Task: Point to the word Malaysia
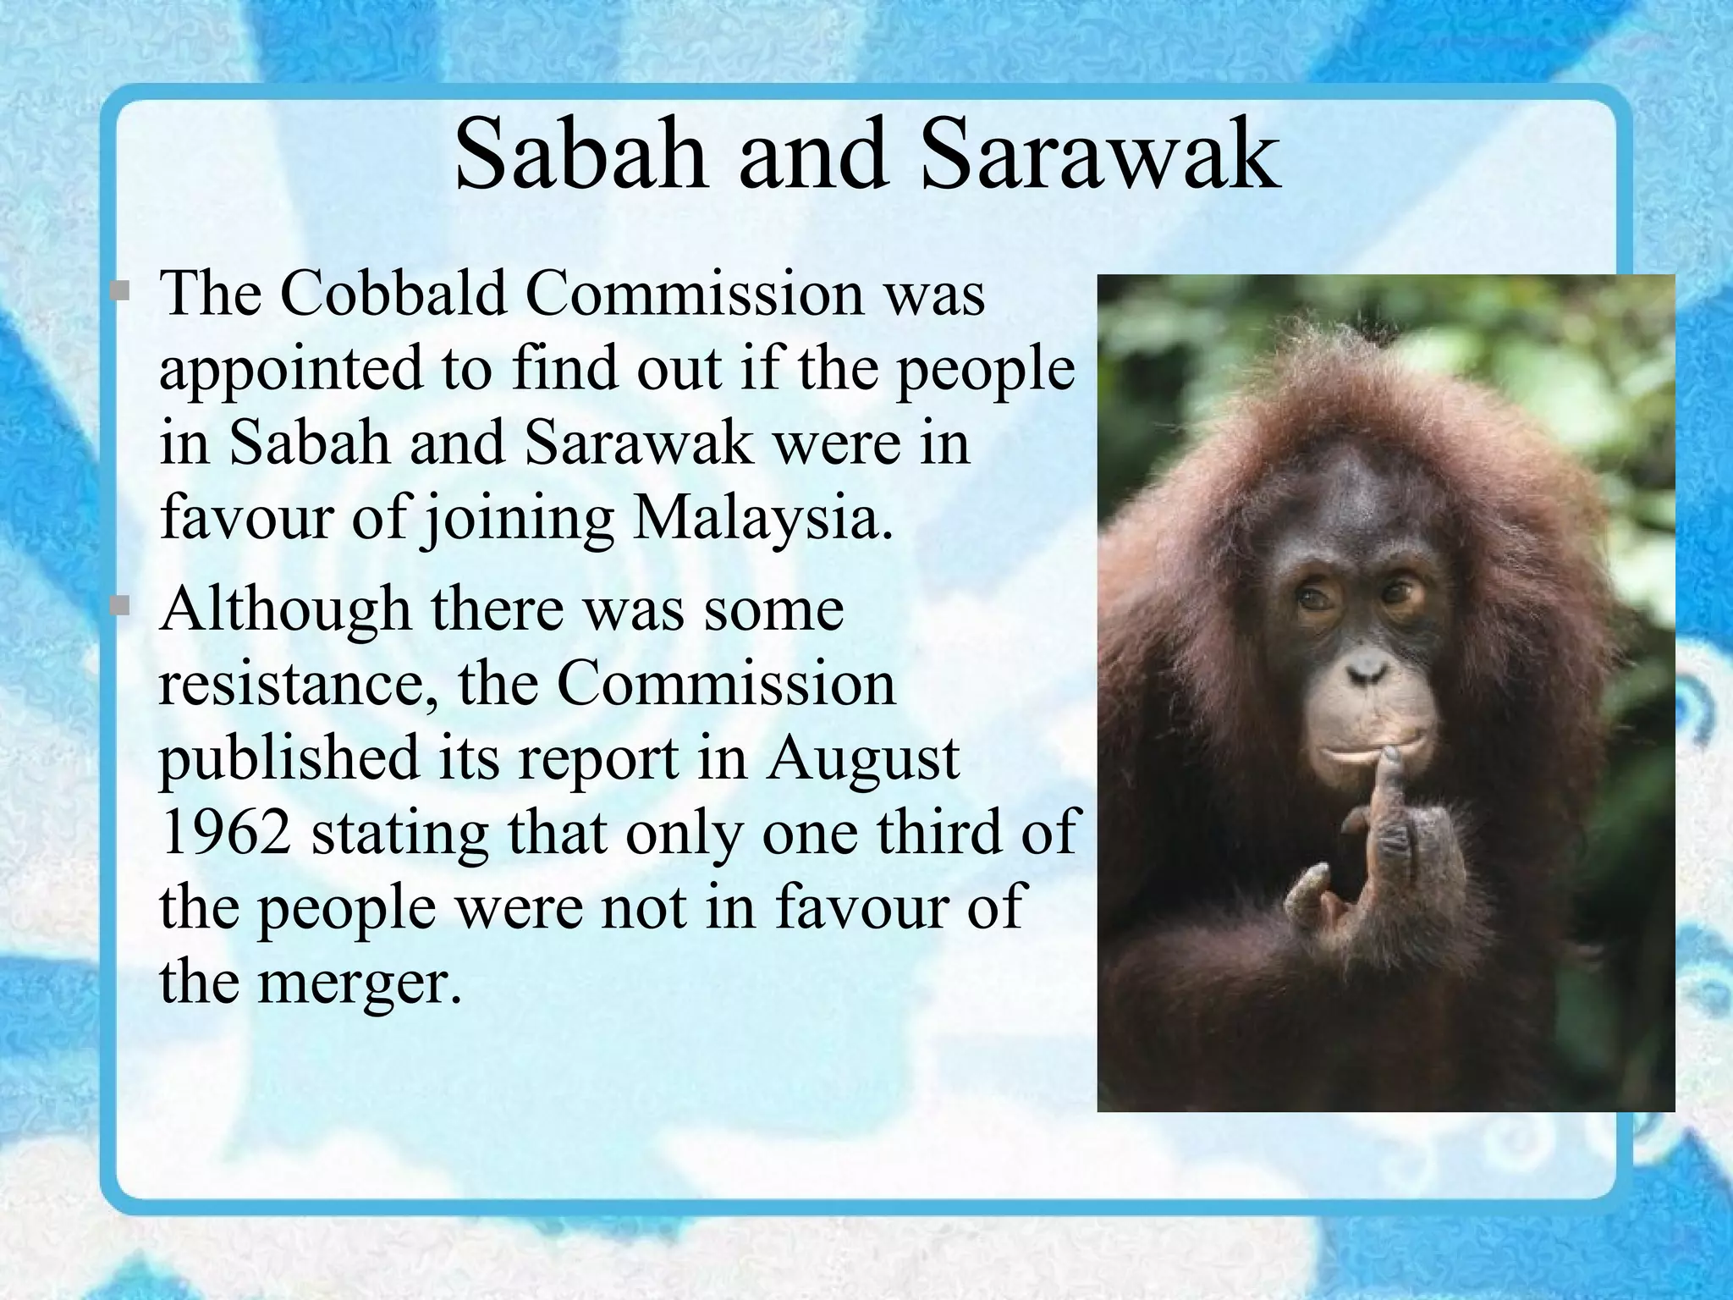click(x=762, y=516)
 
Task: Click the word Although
click(x=285, y=609)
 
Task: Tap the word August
click(x=863, y=757)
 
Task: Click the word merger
click(x=360, y=982)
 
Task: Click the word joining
click(x=518, y=518)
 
